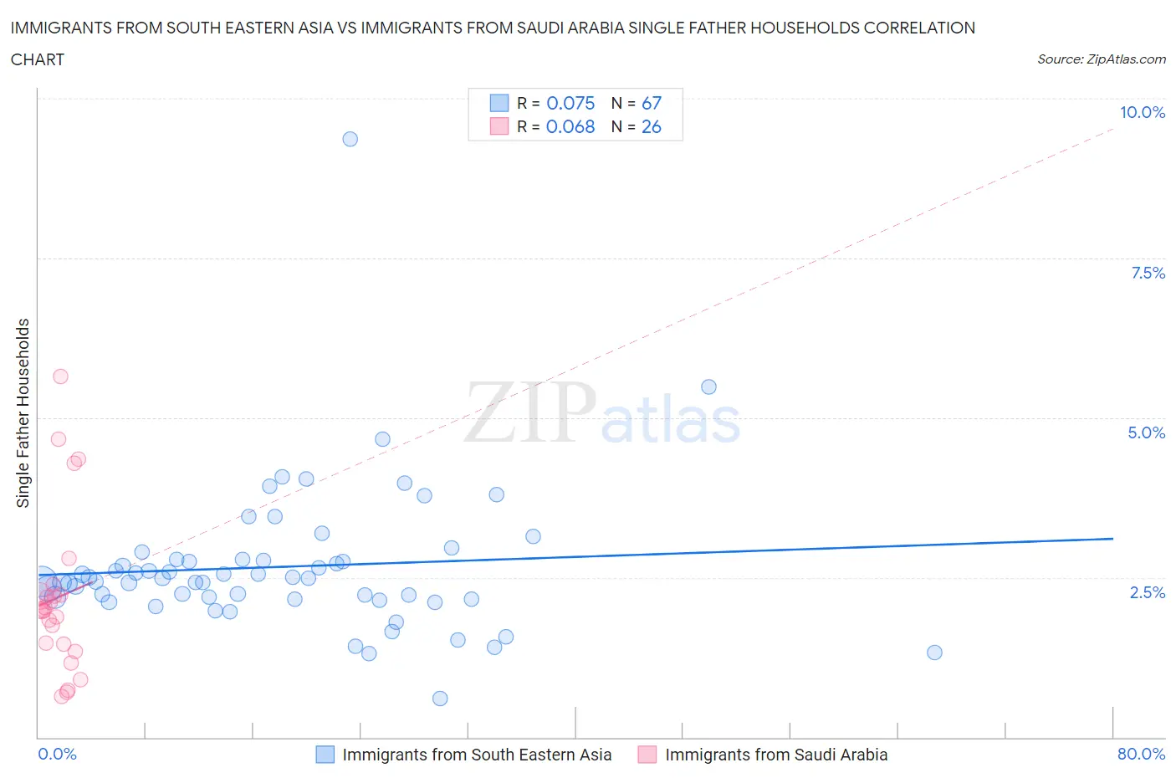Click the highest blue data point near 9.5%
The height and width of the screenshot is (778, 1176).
click(x=350, y=139)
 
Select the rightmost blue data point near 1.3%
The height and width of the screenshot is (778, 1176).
click(x=934, y=653)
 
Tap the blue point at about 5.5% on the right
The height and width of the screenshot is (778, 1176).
click(x=708, y=386)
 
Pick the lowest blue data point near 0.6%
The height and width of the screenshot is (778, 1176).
click(x=440, y=699)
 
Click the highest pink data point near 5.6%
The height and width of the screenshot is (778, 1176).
click(x=60, y=376)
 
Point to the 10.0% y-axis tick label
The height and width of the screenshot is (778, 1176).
click(x=1142, y=112)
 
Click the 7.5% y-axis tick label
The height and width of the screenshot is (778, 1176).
click(x=1148, y=273)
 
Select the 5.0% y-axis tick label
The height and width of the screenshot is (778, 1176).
click(x=1146, y=433)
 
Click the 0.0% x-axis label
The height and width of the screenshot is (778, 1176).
click(x=57, y=754)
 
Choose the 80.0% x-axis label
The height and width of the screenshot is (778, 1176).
click(x=1141, y=754)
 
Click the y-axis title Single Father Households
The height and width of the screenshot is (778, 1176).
click(x=23, y=413)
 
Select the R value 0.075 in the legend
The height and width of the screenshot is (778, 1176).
click(x=570, y=103)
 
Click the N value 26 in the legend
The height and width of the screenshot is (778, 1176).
click(x=651, y=126)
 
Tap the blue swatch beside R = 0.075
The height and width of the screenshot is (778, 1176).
click(x=499, y=103)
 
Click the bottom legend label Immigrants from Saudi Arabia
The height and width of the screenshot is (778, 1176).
click(x=775, y=755)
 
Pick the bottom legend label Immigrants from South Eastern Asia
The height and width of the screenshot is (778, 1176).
click(x=477, y=755)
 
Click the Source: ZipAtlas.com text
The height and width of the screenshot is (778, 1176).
click(x=1101, y=59)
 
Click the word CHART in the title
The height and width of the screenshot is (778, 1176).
click(x=38, y=59)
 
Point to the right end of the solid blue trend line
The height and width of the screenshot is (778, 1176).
click(x=1112, y=539)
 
